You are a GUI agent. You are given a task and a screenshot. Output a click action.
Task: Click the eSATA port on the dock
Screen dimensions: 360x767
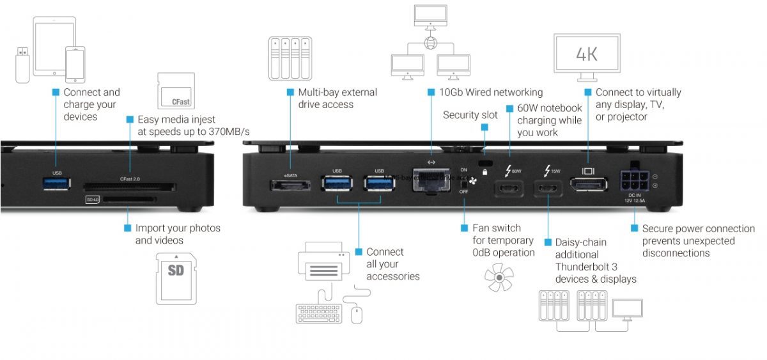pyautogui.click(x=290, y=185)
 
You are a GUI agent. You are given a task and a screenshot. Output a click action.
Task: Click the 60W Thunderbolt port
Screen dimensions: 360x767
pyautogui.click(x=509, y=189)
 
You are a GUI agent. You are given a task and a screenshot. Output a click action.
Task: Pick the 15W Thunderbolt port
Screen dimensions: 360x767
pyautogui.click(x=548, y=189)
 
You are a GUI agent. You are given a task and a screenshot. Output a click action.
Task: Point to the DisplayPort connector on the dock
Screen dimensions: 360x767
pyautogui.click(x=587, y=186)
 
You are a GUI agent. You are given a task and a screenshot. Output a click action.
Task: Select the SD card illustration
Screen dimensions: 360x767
pyautogui.click(x=176, y=278)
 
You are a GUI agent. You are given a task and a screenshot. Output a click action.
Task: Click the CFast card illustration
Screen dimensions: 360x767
pyautogui.click(x=175, y=91)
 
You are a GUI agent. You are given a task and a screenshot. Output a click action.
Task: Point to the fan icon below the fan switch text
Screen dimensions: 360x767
pyautogui.click(x=499, y=276)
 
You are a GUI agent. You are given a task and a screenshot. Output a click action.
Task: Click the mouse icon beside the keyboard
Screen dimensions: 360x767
pyautogui.click(x=357, y=313)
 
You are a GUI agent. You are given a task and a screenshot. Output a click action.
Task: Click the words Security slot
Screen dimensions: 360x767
pyautogui.click(x=470, y=115)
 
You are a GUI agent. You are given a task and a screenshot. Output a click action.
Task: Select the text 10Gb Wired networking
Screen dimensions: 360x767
pyautogui.click(x=490, y=92)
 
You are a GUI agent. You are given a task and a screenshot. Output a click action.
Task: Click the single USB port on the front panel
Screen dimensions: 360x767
pyautogui.click(x=57, y=184)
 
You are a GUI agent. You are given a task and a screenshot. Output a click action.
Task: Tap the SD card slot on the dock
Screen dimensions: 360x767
pyautogui.click(x=128, y=200)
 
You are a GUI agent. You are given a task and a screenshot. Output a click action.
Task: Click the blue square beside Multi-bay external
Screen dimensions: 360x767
pyautogui.click(x=290, y=92)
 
